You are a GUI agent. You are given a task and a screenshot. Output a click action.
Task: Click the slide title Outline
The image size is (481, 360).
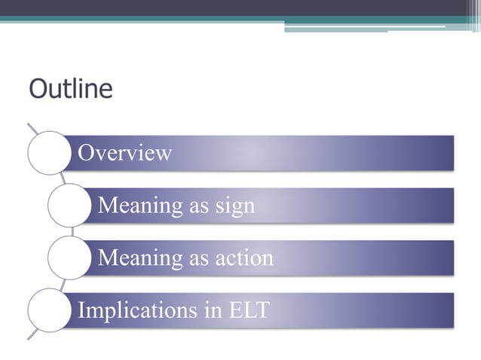pyautogui.click(x=70, y=89)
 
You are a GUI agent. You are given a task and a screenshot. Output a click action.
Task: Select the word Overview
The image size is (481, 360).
pyautogui.click(x=125, y=153)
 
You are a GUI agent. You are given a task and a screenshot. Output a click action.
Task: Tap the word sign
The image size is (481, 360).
pyautogui.click(x=234, y=206)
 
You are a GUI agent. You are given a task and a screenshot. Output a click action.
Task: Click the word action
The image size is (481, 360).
pyautogui.click(x=243, y=258)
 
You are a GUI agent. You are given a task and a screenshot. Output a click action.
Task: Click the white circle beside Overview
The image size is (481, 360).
pyautogui.click(x=49, y=153)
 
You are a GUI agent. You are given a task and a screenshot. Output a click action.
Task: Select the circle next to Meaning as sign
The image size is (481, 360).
pyautogui.click(x=69, y=206)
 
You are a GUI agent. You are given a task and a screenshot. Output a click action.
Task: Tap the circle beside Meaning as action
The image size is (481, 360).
pyautogui.click(x=69, y=258)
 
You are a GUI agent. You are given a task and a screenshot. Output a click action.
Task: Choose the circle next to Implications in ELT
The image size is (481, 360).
pyautogui.click(x=49, y=310)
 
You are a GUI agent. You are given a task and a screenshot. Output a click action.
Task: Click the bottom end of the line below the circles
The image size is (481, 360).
pyautogui.click(x=29, y=337)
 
